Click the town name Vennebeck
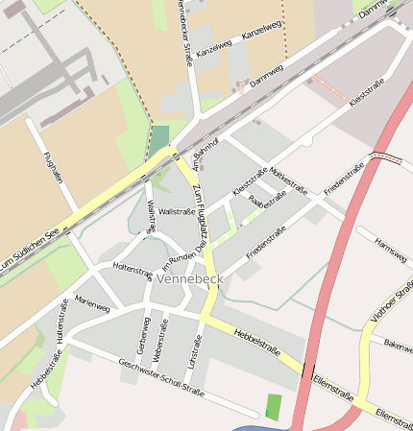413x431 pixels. tap(188, 278)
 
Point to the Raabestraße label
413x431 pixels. tap(267, 200)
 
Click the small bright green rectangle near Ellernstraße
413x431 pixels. tap(274, 406)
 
